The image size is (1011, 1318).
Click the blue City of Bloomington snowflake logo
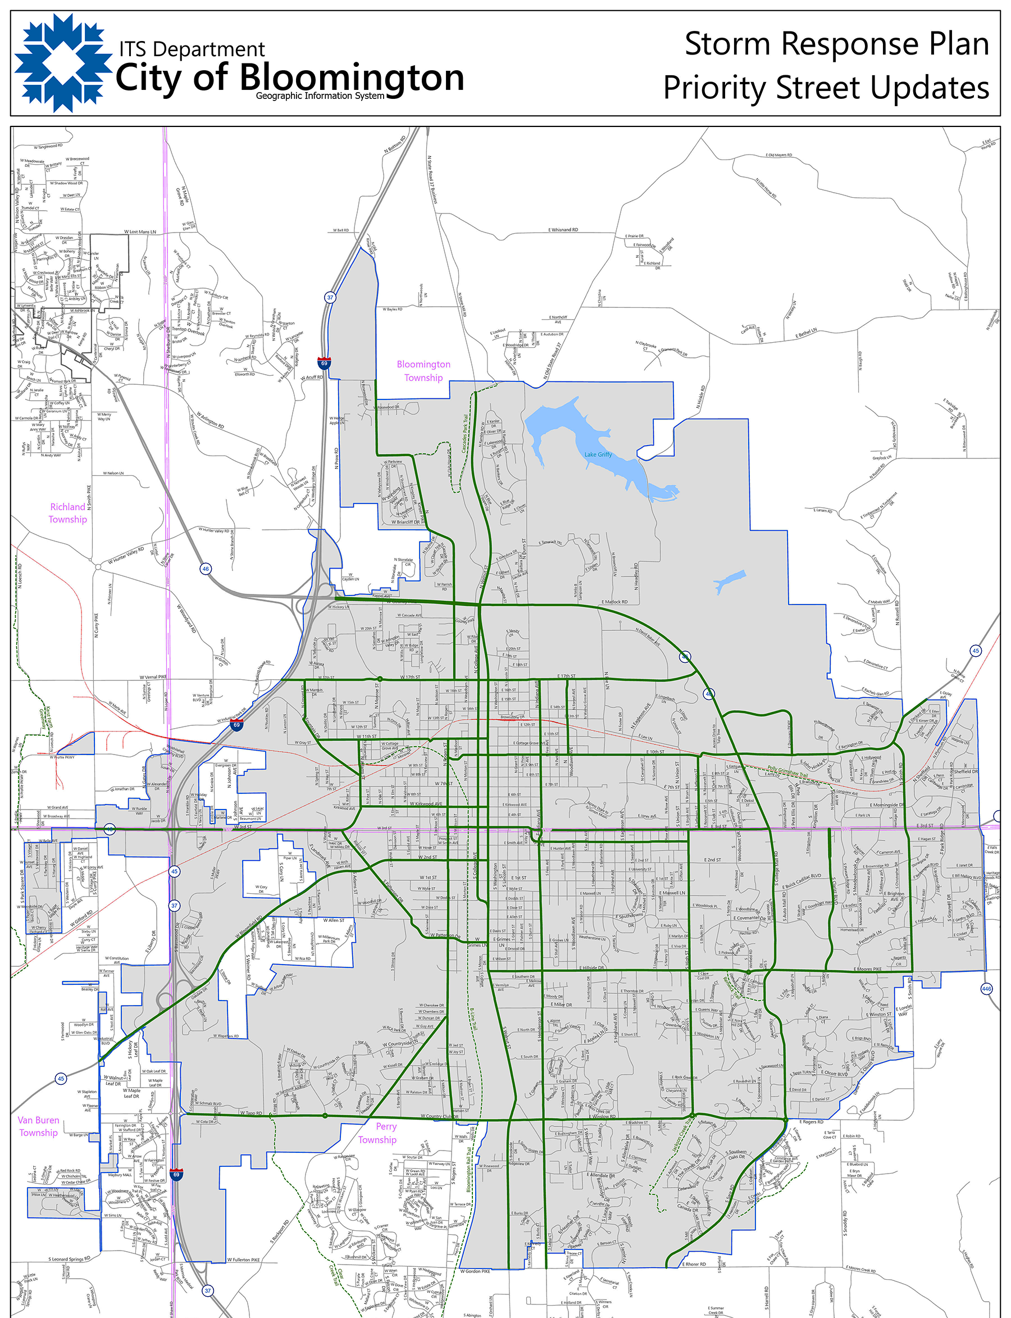tap(63, 62)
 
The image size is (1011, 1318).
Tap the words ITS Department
tap(192, 49)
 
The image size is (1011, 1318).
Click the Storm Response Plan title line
tap(836, 44)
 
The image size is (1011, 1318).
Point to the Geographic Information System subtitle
tap(320, 96)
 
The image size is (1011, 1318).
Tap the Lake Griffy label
tap(598, 455)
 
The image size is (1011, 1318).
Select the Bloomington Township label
tap(423, 371)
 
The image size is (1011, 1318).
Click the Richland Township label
tap(68, 513)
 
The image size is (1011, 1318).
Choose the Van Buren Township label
tap(38, 1126)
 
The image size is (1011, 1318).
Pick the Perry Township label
tap(377, 1133)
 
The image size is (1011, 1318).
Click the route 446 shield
tap(986, 988)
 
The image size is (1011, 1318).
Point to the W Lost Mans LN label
tap(140, 231)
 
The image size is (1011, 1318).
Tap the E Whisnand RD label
tap(563, 230)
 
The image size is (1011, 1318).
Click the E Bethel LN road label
tap(806, 333)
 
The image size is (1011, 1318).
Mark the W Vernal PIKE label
tap(153, 677)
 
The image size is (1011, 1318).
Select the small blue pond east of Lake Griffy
tap(729, 581)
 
